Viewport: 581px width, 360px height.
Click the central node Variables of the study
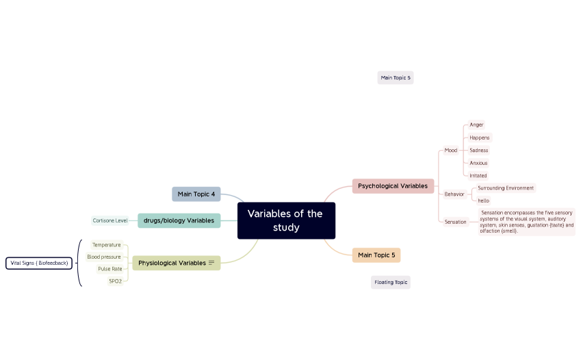[x=286, y=220]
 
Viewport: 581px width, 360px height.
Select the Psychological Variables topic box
[x=393, y=185]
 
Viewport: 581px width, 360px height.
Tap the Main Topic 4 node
[x=196, y=194]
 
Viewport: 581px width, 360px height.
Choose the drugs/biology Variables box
[x=179, y=220]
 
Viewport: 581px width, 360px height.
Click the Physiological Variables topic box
[x=172, y=263]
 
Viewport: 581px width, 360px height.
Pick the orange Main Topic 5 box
[x=376, y=255]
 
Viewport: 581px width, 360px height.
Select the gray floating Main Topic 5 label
[x=396, y=78]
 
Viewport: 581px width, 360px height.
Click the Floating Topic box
[x=391, y=282]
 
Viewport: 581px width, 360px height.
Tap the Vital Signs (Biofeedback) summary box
[x=39, y=263]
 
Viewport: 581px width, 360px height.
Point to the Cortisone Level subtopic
[x=110, y=220]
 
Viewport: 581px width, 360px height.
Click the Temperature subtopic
[x=107, y=245]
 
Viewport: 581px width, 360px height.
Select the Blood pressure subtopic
[x=104, y=257]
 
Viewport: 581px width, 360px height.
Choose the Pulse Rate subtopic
[x=110, y=269]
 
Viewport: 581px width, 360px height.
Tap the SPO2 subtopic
[x=115, y=281]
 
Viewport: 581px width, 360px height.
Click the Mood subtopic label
[x=450, y=151]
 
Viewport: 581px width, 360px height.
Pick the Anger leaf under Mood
[x=476, y=125]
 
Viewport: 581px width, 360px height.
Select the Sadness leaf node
[x=479, y=150]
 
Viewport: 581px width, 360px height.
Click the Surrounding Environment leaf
[x=506, y=188]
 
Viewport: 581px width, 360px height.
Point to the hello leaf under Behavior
[x=483, y=201]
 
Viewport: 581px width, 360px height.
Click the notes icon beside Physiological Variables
[x=211, y=263]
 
